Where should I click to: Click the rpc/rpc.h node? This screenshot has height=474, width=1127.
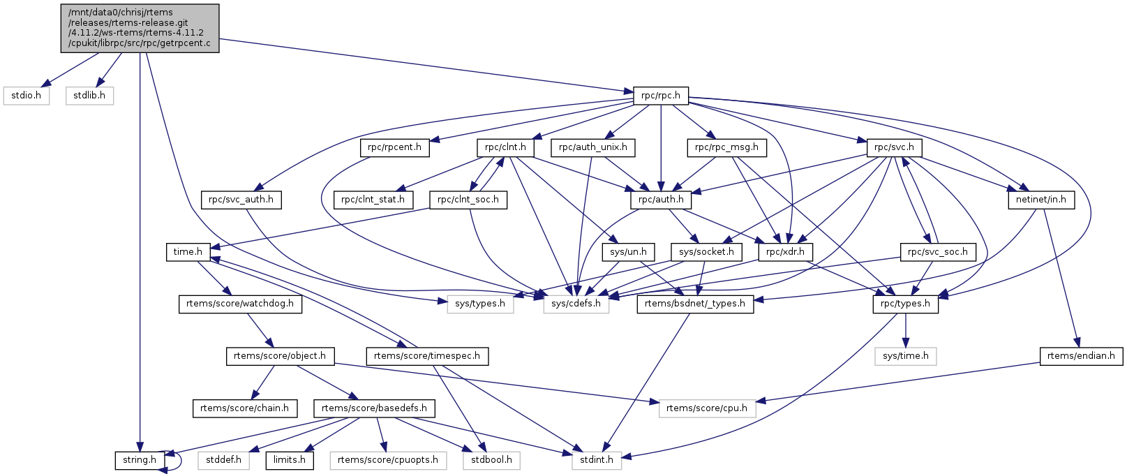pyautogui.click(x=660, y=96)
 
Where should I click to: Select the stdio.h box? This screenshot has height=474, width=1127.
pyautogui.click(x=27, y=96)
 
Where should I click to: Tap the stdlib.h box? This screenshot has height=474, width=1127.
pyautogui.click(x=89, y=96)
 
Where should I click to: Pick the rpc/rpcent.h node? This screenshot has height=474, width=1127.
pyautogui.click(x=395, y=147)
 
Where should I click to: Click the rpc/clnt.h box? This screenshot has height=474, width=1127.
pyautogui.click(x=505, y=147)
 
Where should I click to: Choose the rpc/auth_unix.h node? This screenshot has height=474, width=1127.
pyautogui.click(x=592, y=147)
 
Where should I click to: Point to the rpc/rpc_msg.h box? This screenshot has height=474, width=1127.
pyautogui.click(x=726, y=147)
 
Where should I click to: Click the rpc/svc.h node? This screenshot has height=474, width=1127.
pyautogui.click(x=894, y=147)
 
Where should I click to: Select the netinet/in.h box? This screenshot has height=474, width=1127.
pyautogui.click(x=1040, y=200)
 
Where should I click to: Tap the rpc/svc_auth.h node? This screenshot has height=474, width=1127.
pyautogui.click(x=241, y=200)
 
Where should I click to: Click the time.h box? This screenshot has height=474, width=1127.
pyautogui.click(x=188, y=252)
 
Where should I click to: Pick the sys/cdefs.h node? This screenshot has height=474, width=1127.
pyautogui.click(x=576, y=304)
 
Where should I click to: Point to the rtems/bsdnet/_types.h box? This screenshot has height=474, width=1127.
pyautogui.click(x=695, y=304)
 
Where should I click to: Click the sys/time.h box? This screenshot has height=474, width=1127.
pyautogui.click(x=905, y=356)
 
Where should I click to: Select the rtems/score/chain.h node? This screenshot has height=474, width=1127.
pyautogui.click(x=244, y=408)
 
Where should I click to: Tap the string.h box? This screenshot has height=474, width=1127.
pyautogui.click(x=140, y=460)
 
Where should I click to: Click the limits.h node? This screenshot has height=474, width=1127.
pyautogui.click(x=289, y=460)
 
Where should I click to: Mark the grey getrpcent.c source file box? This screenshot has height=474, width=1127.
pyautogui.click(x=140, y=28)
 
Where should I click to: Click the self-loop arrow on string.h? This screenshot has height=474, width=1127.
pyautogui.click(x=180, y=459)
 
